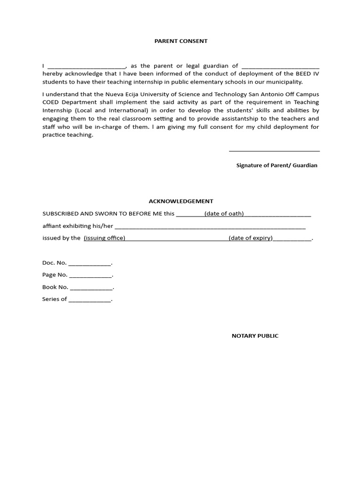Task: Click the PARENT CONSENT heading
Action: point(181,41)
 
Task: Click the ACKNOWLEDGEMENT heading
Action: point(181,201)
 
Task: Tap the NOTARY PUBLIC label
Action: point(255,336)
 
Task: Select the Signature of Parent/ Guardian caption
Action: point(277,165)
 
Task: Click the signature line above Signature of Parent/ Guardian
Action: point(274,150)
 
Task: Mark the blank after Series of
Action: point(90,300)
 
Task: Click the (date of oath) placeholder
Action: point(224,214)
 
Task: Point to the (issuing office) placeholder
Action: point(104,238)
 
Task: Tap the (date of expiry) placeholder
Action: point(251,238)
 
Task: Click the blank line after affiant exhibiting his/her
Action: point(210,227)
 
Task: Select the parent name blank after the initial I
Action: point(86,67)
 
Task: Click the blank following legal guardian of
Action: point(280,67)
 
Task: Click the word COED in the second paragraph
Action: point(51,102)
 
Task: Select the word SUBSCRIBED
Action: point(60,214)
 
